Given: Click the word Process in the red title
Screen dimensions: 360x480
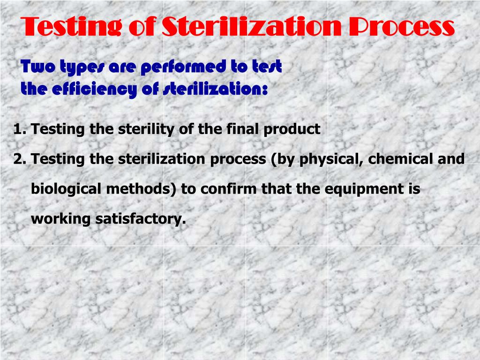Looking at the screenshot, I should point(402,26).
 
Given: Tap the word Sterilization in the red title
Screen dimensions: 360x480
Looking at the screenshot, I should point(252,26).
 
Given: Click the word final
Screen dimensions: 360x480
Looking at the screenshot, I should point(237,129).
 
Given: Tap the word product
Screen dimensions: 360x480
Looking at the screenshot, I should point(292,129).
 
